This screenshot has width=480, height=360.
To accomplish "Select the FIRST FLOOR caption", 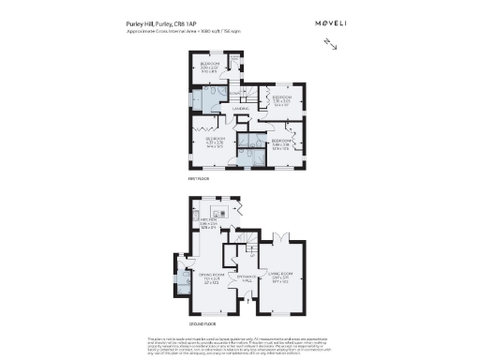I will pyautogui.click(x=197, y=177).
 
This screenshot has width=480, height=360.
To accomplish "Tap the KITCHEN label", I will pyautogui.click(x=207, y=221).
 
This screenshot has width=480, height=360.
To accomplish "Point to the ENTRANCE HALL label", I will pyautogui.click(x=247, y=278).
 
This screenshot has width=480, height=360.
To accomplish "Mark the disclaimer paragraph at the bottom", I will pyautogui.click(x=240, y=344).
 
